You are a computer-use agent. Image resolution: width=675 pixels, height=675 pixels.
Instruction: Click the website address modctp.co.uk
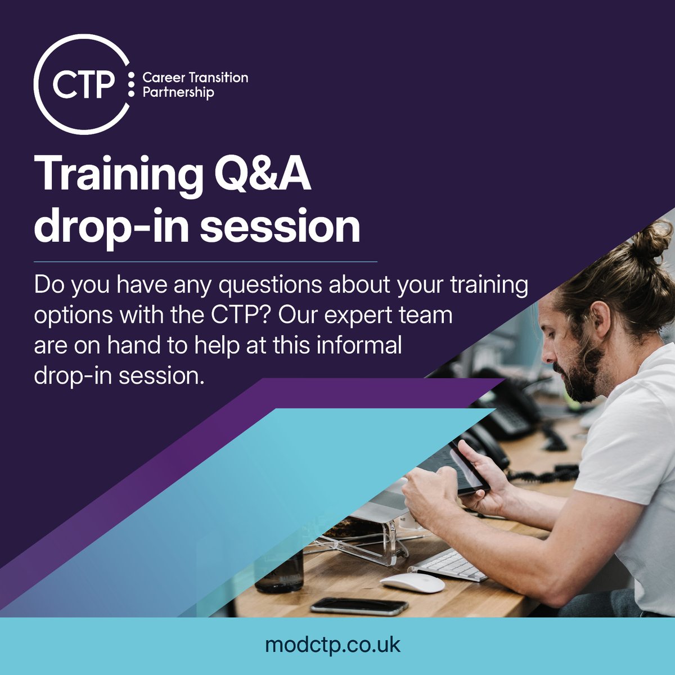pyautogui.click(x=333, y=645)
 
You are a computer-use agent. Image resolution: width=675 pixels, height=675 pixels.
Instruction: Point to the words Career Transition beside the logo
pyautogui.click(x=195, y=78)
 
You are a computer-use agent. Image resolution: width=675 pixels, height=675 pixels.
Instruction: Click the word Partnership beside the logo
pyautogui.click(x=178, y=92)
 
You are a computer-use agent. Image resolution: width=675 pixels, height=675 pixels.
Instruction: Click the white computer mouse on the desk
pyautogui.click(x=412, y=582)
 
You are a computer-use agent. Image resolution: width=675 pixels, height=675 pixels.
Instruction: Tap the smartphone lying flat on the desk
pyautogui.click(x=359, y=606)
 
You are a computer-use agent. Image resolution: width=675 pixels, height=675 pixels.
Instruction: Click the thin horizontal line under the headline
pyautogui.click(x=205, y=262)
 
